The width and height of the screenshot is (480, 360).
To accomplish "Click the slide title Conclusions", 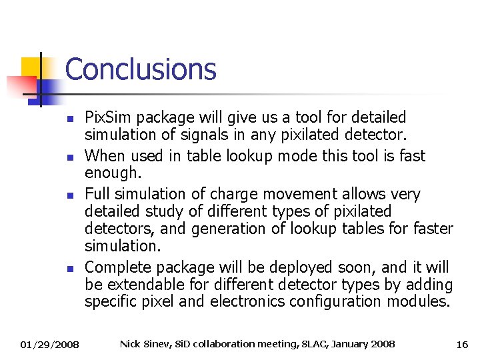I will point(141,69).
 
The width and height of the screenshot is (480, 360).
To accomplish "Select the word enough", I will point(112,173).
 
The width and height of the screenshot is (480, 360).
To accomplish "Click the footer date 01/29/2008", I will point(49,345).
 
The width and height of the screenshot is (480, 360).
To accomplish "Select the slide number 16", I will point(462,345).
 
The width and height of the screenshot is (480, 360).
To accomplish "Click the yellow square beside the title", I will point(31,67).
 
